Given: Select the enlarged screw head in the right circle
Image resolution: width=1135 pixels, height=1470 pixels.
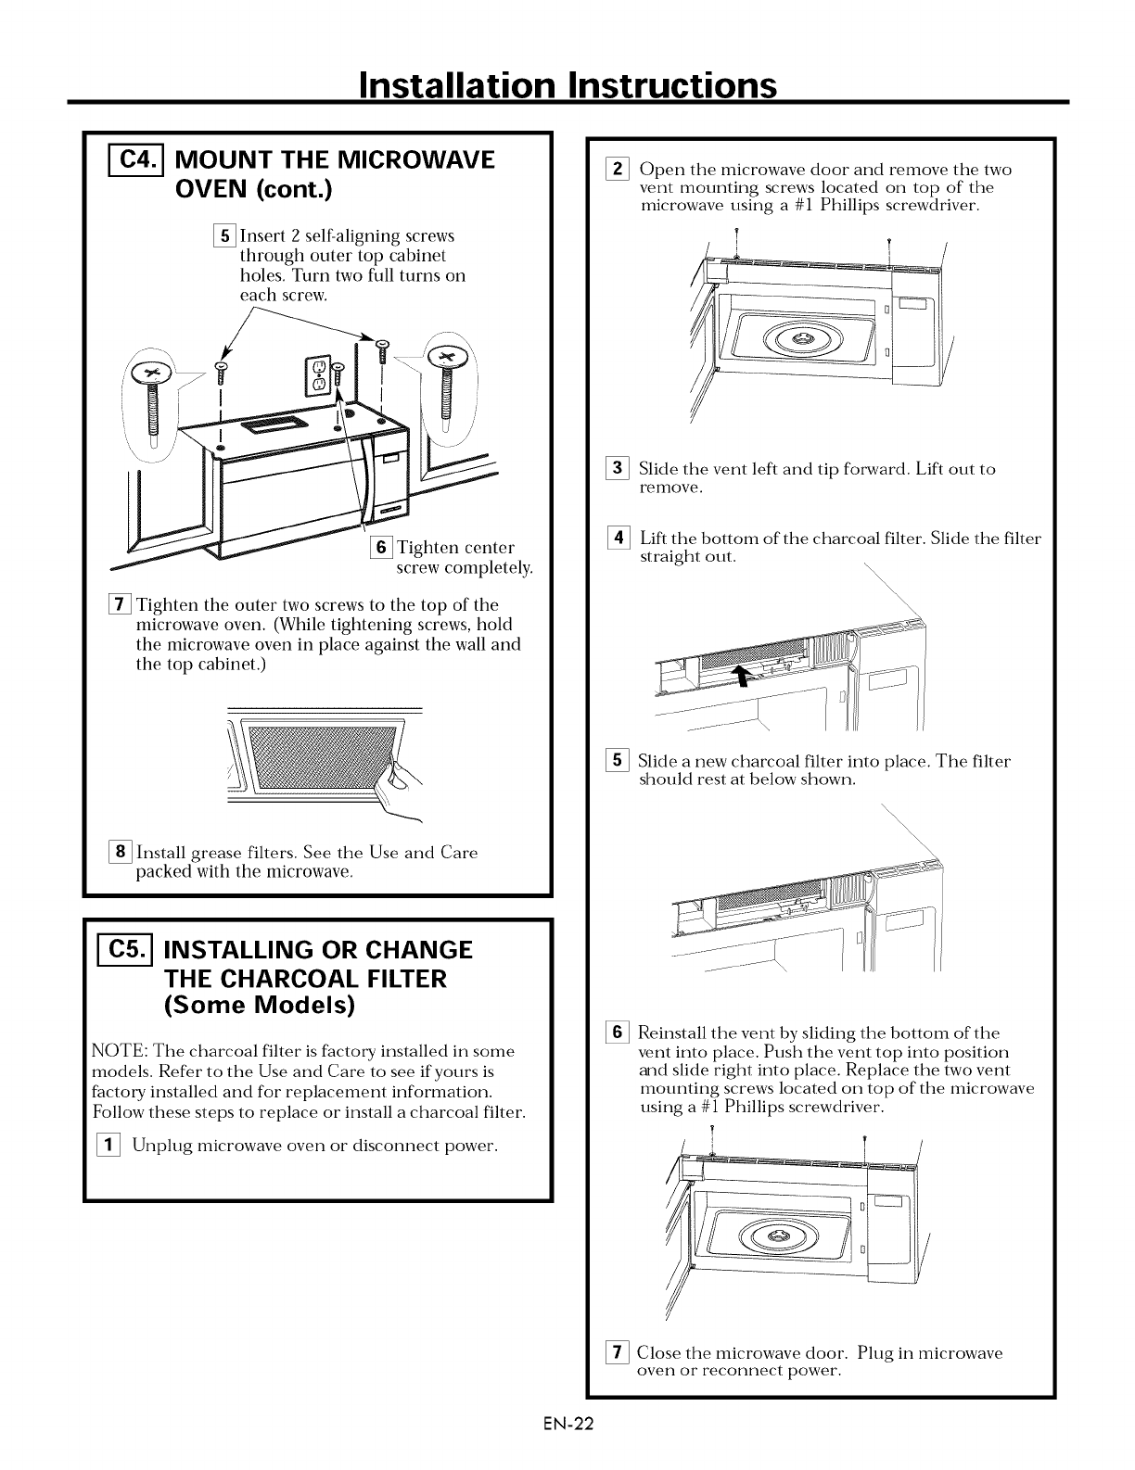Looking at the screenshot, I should [x=449, y=356].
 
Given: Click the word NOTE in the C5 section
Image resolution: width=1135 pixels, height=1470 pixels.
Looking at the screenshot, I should [x=116, y=1051].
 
